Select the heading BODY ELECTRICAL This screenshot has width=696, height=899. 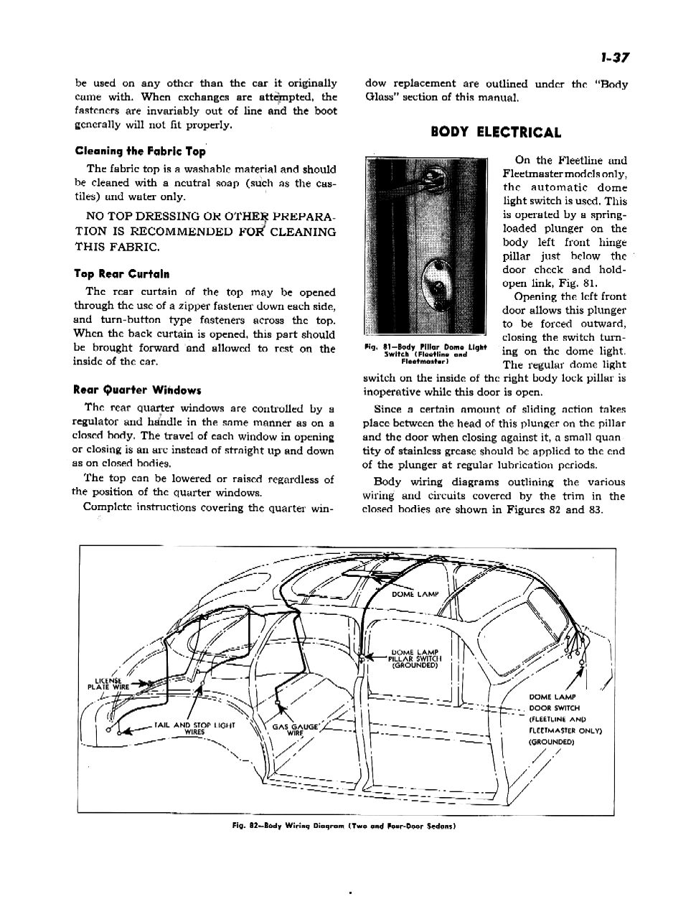pyautogui.click(x=496, y=132)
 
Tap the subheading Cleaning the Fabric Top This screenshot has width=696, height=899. pyautogui.click(x=140, y=151)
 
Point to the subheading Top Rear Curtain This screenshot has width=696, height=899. pyautogui.click(x=122, y=274)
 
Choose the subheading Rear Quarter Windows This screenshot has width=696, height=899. pyautogui.click(x=137, y=390)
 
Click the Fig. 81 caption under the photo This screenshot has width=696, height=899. pyautogui.click(x=425, y=354)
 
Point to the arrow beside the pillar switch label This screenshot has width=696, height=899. pyautogui.click(x=375, y=656)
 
